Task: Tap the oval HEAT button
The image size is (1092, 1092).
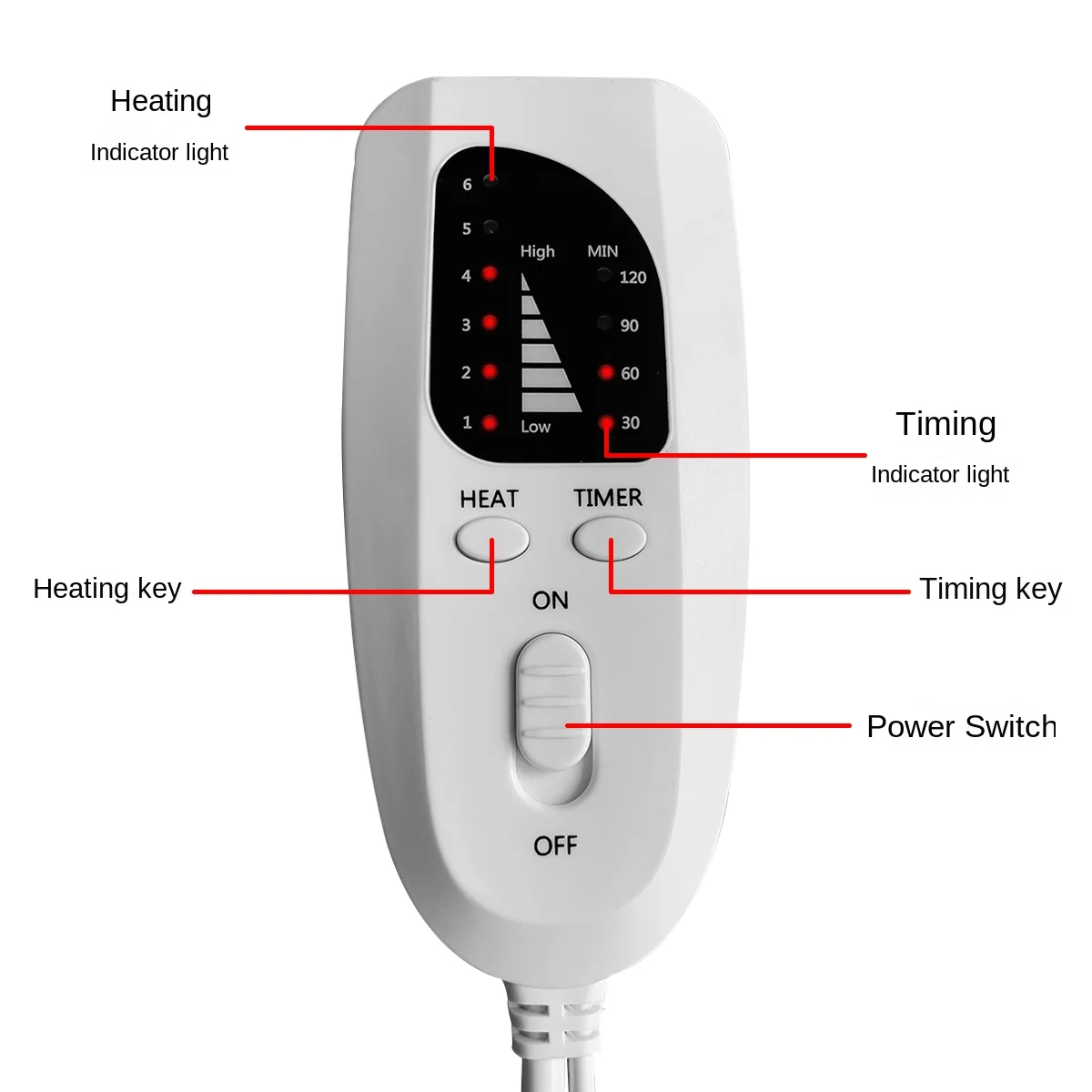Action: pos(492,540)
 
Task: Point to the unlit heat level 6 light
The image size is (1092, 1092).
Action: pos(490,180)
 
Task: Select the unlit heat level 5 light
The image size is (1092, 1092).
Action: pos(490,226)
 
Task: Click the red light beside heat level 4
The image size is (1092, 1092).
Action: pos(490,273)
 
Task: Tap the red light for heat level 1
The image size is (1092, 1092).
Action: pos(490,422)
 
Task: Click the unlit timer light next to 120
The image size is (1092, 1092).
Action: pos(604,274)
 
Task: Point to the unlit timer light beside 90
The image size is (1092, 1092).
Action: pos(604,322)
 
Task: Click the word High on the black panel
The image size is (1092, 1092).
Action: pos(537,251)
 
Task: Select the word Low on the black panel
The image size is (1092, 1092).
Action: pos(535,427)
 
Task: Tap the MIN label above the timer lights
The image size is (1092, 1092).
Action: pos(602,251)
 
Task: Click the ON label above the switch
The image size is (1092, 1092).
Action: pos(551,601)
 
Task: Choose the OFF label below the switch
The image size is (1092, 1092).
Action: pos(555,845)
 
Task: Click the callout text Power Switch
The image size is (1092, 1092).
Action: pos(961,726)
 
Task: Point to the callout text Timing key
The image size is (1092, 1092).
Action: pos(990,589)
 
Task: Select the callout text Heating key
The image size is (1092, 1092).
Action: pos(107,589)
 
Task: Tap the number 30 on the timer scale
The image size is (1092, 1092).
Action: pos(630,422)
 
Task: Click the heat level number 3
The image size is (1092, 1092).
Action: pos(466,325)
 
